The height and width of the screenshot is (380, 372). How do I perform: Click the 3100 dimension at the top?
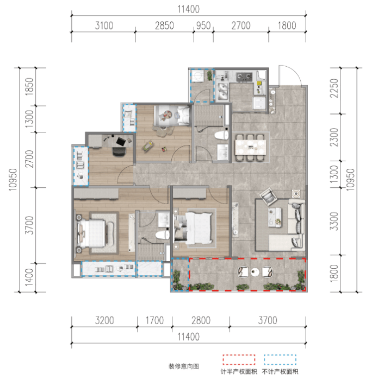tap(104, 26)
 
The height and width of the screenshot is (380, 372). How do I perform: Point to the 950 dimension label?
tap(203, 26)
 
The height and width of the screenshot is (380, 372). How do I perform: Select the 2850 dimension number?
tap(164, 26)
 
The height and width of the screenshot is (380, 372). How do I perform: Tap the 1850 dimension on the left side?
tap(29, 86)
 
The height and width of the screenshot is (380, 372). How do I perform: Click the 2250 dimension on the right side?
tap(334, 88)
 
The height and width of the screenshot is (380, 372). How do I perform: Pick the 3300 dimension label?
tap(334, 221)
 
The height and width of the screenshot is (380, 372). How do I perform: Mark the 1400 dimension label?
tap(29, 277)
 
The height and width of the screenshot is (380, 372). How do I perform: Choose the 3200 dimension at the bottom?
tap(104, 320)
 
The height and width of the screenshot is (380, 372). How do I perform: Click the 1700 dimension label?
tap(154, 320)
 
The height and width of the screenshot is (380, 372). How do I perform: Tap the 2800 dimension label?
tap(201, 320)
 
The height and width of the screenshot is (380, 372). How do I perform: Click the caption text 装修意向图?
tap(184, 366)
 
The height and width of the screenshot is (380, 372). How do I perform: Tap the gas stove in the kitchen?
tap(244, 77)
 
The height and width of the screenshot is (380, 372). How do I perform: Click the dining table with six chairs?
tap(250, 147)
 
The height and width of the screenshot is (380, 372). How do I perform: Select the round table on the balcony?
tap(255, 272)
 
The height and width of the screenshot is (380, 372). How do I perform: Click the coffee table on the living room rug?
tap(275, 217)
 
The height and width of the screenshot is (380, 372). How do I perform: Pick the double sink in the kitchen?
tap(222, 92)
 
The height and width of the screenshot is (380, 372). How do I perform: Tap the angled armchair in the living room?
tap(268, 197)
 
